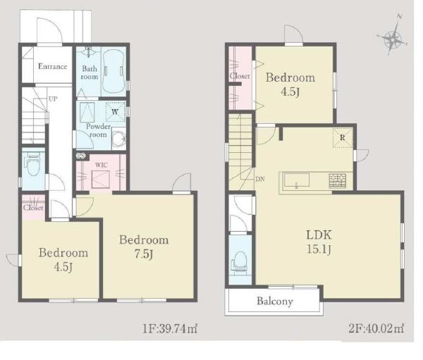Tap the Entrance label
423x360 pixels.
click(52, 66)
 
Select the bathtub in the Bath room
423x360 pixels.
click(114, 71)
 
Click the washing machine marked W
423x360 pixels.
click(116, 111)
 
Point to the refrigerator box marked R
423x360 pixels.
click(343, 138)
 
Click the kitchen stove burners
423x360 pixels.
click(338, 180)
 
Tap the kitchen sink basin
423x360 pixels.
click(296, 180)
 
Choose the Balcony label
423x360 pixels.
click(275, 301)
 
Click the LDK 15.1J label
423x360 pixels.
click(319, 242)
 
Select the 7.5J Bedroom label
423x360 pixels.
click(144, 247)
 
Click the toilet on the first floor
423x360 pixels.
click(32, 164)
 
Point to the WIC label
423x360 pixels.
click(101, 165)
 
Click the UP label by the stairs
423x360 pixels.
click(53, 99)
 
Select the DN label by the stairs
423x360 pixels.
click(260, 179)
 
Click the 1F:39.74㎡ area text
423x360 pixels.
click(170, 328)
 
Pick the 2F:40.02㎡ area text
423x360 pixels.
click(376, 328)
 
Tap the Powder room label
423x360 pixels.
click(98, 130)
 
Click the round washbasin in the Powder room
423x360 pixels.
click(119, 139)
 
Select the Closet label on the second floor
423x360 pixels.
click(240, 76)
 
